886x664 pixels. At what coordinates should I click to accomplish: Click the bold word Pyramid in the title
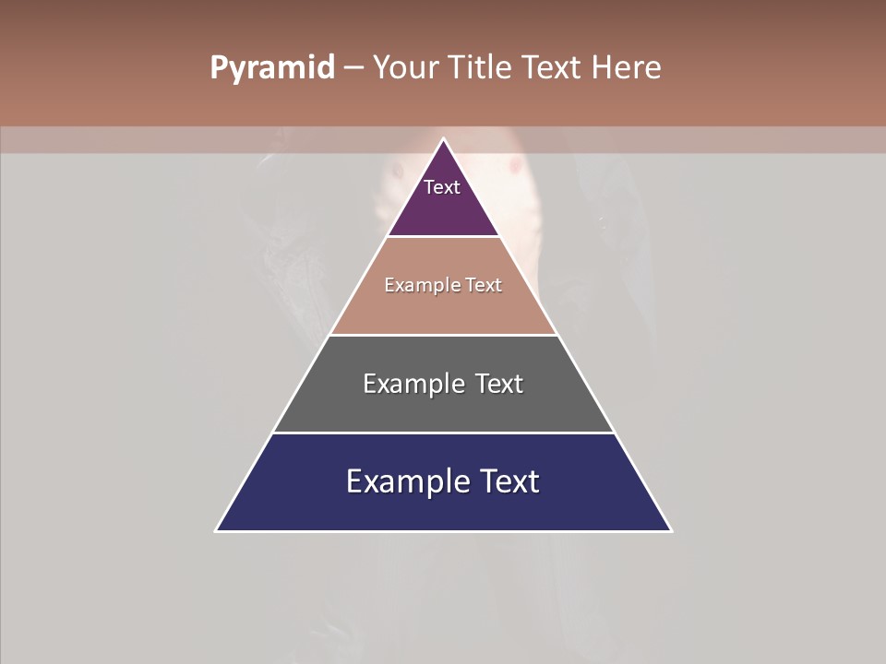(271, 68)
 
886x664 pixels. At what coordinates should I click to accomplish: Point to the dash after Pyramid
(353, 68)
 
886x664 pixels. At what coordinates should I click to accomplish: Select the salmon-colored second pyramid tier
(443, 309)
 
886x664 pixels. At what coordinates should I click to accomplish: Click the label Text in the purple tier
(442, 187)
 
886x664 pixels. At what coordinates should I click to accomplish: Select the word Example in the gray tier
(413, 384)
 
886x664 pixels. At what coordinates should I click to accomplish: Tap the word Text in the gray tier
(498, 384)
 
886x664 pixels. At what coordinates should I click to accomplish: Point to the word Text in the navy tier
(510, 481)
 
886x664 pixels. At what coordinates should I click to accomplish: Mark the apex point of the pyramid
(443, 140)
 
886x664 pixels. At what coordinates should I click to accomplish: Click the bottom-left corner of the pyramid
(217, 530)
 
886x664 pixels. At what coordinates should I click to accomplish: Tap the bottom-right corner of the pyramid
(670, 530)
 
